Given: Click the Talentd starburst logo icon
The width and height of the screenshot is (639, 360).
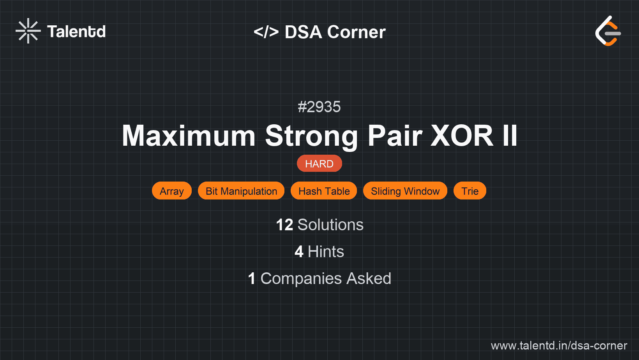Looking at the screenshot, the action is [28, 31].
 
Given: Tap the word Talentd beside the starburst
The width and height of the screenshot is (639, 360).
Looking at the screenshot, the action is [76, 32].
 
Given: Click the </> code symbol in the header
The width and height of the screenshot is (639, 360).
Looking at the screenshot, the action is [266, 32].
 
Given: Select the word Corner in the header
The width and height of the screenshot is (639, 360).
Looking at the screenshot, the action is [356, 32].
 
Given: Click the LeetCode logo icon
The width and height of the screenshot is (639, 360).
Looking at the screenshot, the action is [608, 31].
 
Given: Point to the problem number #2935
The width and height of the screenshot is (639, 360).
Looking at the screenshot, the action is [319, 107].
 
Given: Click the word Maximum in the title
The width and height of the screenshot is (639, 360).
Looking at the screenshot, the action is [189, 136].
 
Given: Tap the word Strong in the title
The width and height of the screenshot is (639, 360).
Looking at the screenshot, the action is [312, 136].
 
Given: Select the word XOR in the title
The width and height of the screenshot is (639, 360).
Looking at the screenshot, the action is [462, 136].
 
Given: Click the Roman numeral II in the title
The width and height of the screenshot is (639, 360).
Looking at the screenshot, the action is [510, 136].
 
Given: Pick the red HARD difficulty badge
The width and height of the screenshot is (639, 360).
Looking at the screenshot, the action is [319, 164].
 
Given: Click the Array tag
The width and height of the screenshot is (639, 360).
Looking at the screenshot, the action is [172, 191].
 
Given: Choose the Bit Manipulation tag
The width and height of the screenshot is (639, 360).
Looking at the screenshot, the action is [241, 191].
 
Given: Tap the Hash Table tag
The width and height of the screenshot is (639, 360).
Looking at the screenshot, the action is [324, 191].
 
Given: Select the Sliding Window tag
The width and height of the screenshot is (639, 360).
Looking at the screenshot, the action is [405, 191].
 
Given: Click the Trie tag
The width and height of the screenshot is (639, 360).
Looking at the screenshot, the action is [470, 191].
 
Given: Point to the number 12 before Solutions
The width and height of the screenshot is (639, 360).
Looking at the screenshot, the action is [284, 225].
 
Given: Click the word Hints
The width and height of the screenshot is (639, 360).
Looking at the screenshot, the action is [326, 252].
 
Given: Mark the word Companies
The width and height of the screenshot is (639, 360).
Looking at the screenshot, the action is [301, 279].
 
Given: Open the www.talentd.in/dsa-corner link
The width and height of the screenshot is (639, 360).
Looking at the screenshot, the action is [559, 346].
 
